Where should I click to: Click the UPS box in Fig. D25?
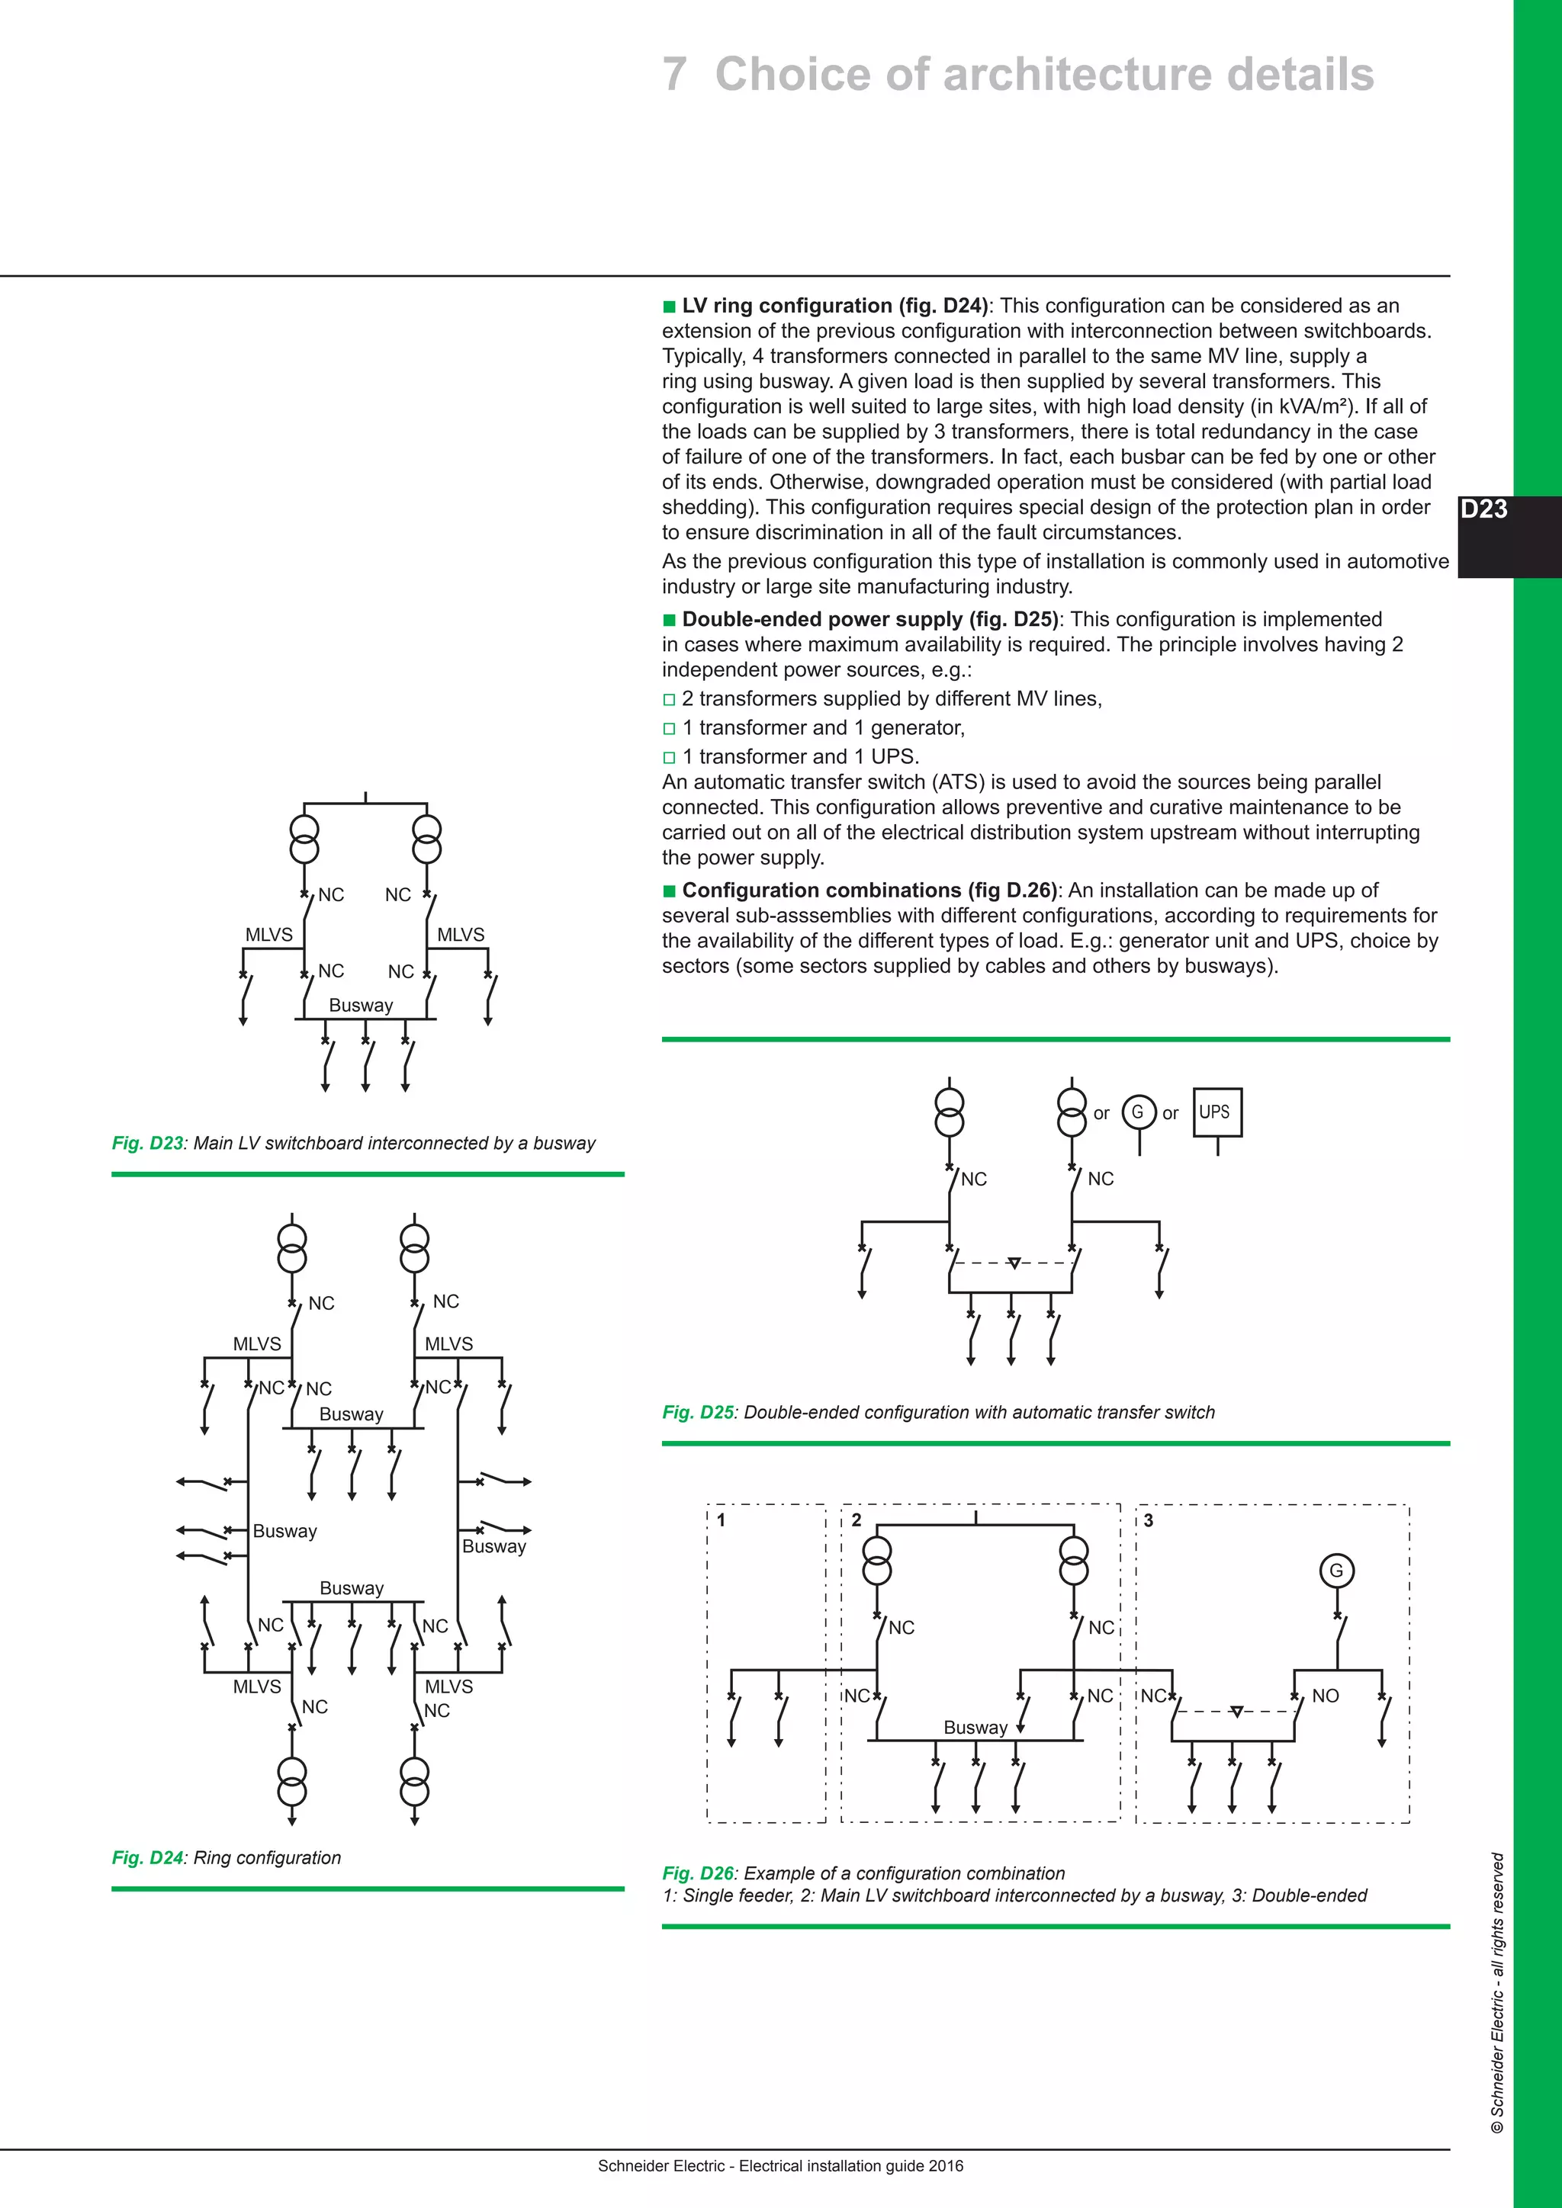click(1216, 1112)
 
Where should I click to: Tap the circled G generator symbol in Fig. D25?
click(1138, 1112)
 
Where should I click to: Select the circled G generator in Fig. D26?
click(1336, 1571)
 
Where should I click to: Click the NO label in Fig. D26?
click(1325, 1696)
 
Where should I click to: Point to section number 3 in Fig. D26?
click(1147, 1520)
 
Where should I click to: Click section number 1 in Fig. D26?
click(721, 1520)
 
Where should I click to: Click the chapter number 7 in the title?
click(674, 75)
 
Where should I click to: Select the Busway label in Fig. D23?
click(361, 1005)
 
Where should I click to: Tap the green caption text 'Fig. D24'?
click(147, 1858)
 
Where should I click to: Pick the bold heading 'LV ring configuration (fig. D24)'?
click(834, 306)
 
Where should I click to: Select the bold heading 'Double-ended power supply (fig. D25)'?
click(869, 619)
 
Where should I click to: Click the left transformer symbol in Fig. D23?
click(304, 839)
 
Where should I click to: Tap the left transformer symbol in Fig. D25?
click(950, 1112)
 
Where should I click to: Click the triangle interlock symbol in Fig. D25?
click(1013, 1263)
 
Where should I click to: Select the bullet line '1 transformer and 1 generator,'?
click(822, 728)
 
